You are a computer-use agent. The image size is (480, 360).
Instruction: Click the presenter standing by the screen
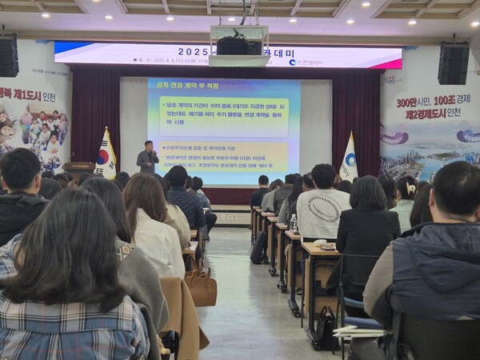click(147, 158)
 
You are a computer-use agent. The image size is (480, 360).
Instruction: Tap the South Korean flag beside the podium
click(105, 157)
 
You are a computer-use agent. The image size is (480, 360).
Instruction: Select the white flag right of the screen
click(349, 159)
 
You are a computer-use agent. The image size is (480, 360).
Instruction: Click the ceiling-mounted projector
click(238, 45)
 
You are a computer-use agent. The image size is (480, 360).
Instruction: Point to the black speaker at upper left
click(8, 56)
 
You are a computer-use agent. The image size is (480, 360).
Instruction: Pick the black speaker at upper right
click(453, 63)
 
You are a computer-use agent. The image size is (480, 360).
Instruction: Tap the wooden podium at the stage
click(78, 170)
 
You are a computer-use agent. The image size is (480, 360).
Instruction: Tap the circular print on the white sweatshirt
click(325, 208)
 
